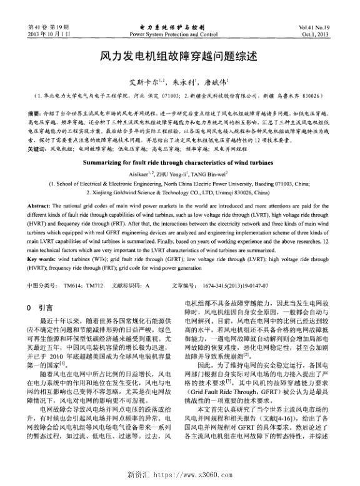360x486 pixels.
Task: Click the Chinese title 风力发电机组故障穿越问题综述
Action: point(179,56)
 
